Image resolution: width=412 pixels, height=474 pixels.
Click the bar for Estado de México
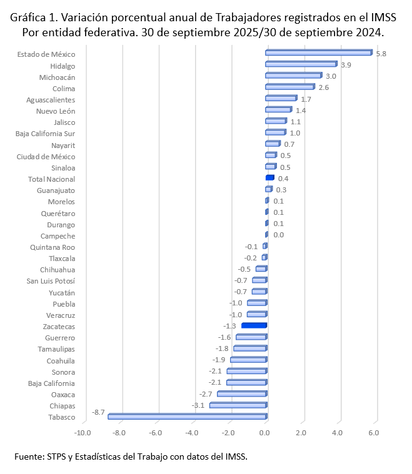[318, 53]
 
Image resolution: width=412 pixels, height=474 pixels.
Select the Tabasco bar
[187, 417]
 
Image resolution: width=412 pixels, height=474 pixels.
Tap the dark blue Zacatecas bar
[254, 325]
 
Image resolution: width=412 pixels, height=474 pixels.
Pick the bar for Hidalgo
[301, 64]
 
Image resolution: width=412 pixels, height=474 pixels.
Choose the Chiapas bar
[238, 405]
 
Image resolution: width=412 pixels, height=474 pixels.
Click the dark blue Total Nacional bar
[269, 178]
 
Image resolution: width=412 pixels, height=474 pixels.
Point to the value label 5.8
[381, 54]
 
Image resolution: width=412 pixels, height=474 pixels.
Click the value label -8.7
[98, 413]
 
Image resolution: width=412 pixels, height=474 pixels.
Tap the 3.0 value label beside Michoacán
[331, 76]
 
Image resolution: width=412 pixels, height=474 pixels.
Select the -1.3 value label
[229, 326]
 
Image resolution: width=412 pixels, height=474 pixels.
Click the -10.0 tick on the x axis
[83, 433]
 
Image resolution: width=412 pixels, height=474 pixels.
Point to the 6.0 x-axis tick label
[374, 433]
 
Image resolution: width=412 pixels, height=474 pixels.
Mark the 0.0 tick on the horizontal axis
[266, 433]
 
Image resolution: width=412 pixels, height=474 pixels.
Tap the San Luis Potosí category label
[51, 281]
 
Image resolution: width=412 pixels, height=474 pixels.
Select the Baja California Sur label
[45, 134]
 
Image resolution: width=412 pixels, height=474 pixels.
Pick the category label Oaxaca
[63, 395]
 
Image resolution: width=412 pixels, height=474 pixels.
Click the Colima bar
[289, 87]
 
